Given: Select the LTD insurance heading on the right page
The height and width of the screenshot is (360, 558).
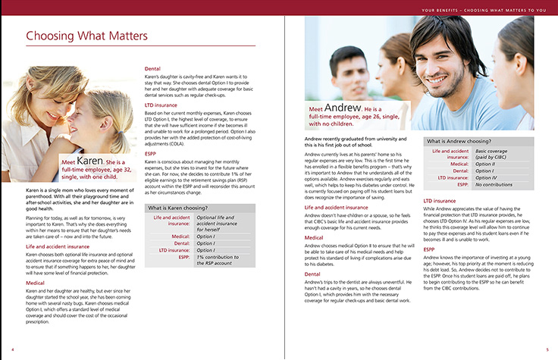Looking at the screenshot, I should coord(440,201).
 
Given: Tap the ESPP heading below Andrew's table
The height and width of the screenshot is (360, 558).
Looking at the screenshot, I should coord(429,249).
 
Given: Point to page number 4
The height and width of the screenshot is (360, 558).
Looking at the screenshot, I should coord(12,349).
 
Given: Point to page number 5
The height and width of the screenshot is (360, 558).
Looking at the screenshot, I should coord(547,349).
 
